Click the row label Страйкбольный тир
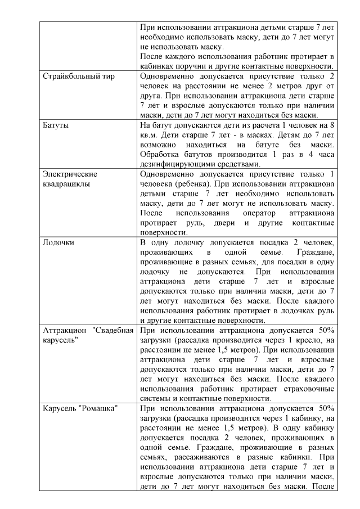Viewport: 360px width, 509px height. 79,76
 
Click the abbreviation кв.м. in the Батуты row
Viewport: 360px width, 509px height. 151,135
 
